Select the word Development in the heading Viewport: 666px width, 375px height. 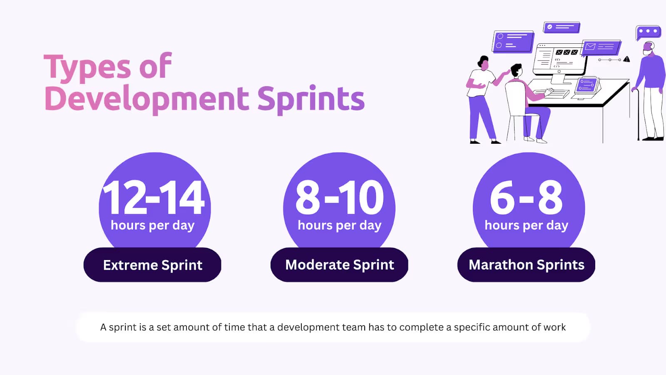147,100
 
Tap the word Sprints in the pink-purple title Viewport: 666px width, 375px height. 311,100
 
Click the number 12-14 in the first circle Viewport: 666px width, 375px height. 154,197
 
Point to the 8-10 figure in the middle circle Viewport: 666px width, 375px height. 339,197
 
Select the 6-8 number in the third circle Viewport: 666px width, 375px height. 526,197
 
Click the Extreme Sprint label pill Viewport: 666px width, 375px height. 152,265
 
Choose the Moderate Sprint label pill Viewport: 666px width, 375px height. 339,265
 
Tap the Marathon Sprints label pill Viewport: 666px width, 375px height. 526,265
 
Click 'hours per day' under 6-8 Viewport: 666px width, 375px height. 526,225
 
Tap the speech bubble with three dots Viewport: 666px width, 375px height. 648,32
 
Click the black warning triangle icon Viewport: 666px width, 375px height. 626,59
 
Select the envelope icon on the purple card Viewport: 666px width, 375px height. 590,46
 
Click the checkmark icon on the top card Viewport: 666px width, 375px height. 550,27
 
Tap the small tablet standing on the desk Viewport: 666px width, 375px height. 587,85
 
